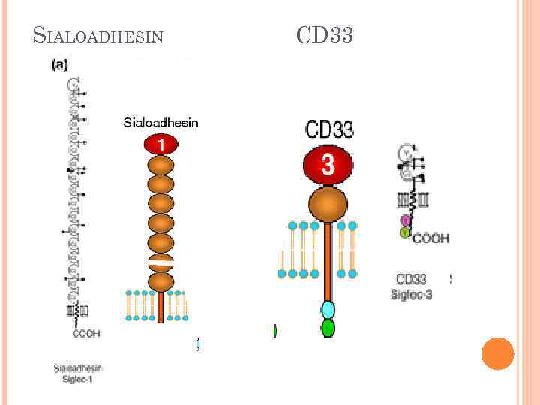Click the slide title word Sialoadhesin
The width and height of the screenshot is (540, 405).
coord(98,35)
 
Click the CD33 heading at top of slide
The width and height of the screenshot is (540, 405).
coord(324,34)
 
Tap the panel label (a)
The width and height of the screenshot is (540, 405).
coord(59,65)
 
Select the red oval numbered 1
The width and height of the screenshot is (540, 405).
coord(160,144)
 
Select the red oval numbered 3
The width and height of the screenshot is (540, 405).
coord(327,165)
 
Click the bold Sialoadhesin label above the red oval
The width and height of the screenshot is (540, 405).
coord(160,123)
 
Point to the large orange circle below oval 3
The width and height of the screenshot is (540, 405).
coord(328,205)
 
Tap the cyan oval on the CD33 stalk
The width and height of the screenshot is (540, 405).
coord(328,309)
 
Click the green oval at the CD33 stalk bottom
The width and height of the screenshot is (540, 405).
coord(328,328)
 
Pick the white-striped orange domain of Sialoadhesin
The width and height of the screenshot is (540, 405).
coord(160,262)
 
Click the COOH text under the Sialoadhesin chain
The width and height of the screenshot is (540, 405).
coord(85,332)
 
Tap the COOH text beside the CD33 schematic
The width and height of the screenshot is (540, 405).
coord(430,238)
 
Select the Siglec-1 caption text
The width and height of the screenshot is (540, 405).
coord(77,379)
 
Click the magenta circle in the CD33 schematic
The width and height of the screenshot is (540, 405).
coord(406,220)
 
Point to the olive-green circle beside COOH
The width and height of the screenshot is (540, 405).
coord(405,233)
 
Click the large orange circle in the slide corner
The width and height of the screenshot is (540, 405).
coord(497,353)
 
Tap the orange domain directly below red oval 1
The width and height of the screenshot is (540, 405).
coord(160,165)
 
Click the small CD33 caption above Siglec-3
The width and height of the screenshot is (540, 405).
coord(411,280)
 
